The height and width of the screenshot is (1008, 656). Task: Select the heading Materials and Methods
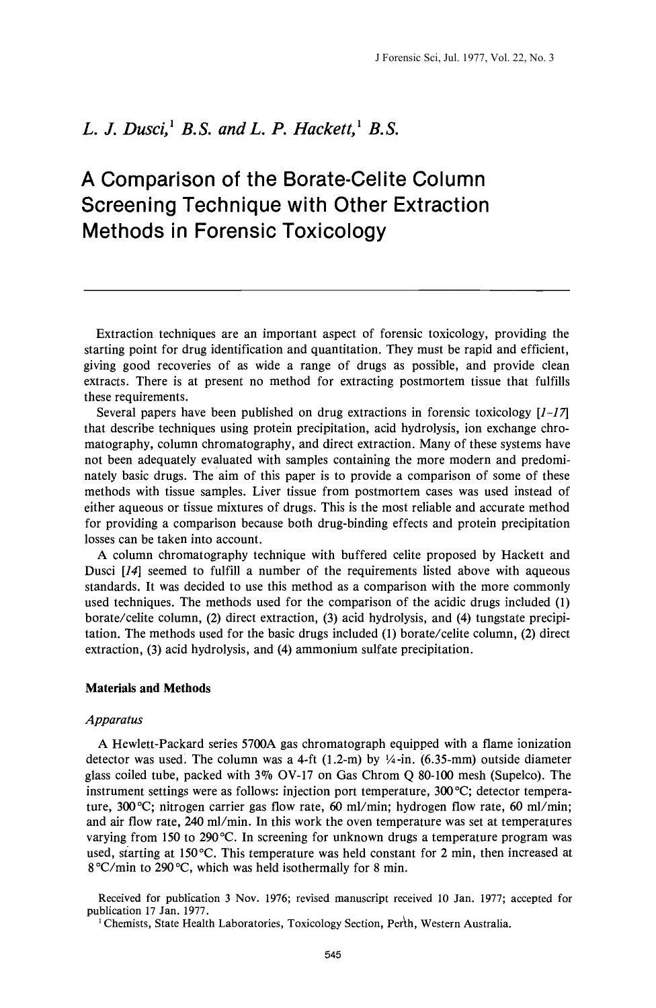coord(148,688)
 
